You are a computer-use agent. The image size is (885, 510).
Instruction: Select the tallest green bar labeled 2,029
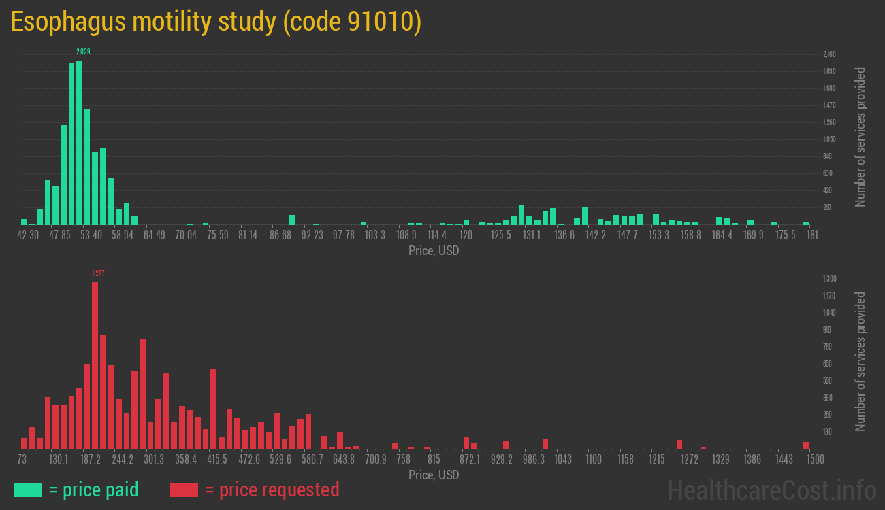[80, 143]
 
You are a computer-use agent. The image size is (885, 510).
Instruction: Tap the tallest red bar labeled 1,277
[95, 366]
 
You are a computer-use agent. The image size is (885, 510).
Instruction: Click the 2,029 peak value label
[83, 52]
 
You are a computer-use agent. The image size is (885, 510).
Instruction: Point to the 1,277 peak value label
[98, 273]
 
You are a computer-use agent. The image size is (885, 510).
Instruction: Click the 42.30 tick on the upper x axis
[28, 235]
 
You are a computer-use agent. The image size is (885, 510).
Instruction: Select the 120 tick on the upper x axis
[466, 235]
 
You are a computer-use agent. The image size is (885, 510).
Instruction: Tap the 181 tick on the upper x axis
[811, 235]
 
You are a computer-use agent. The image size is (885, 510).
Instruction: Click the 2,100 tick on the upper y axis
[829, 54]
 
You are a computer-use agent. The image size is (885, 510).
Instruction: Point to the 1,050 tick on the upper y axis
[829, 139]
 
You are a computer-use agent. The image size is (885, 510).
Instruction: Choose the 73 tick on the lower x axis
[22, 460]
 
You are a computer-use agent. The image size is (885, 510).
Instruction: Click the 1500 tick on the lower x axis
[815, 460]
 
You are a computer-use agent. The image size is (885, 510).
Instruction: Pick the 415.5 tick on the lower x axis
[217, 460]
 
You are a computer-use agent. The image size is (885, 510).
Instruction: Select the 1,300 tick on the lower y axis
[829, 279]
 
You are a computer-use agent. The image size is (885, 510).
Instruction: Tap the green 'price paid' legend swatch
[27, 490]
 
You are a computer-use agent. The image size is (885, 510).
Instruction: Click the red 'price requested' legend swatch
[184, 490]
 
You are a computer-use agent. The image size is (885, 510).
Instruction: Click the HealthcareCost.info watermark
[771, 490]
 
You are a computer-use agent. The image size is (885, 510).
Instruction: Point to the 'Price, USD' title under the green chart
[434, 251]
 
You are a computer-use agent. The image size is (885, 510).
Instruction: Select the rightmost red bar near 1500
[805, 445]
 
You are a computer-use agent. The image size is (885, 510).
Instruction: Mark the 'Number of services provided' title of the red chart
[860, 362]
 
